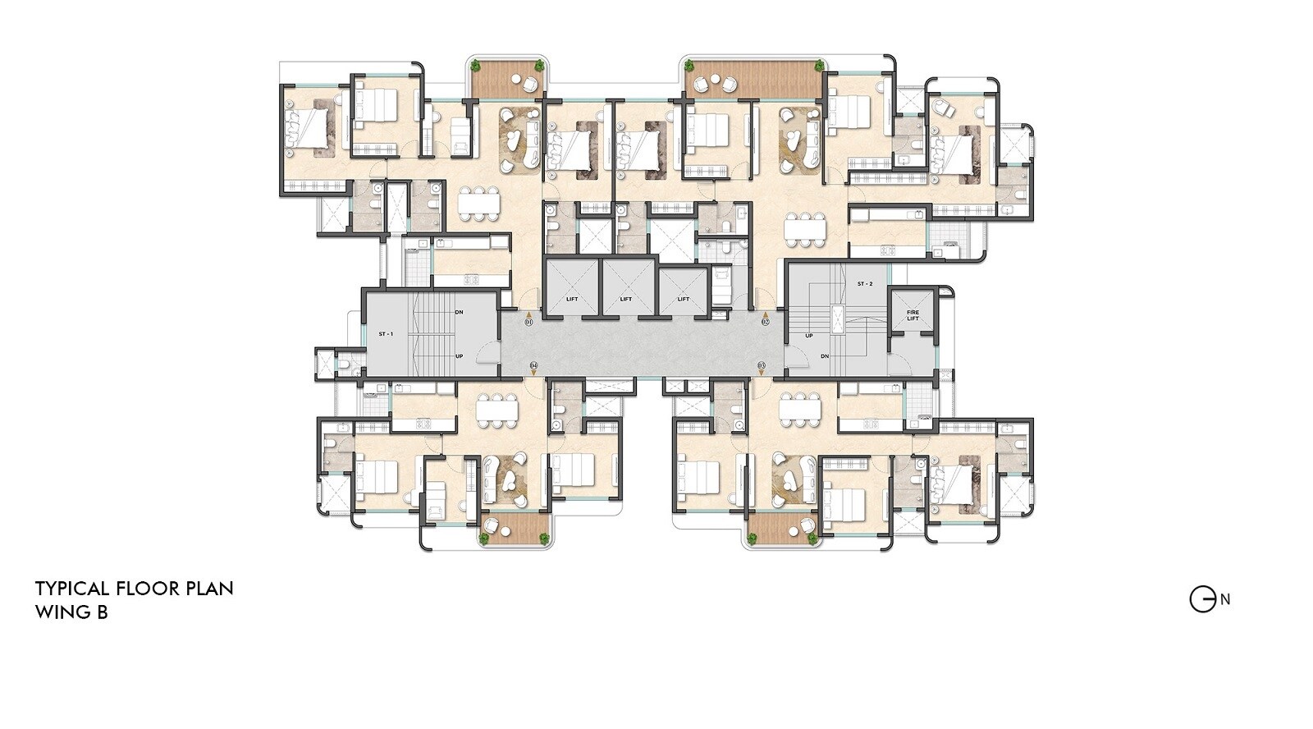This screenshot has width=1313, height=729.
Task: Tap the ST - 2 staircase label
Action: tap(864, 284)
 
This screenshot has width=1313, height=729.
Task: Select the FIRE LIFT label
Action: tap(913, 315)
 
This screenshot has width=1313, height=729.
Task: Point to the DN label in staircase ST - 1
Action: tap(459, 312)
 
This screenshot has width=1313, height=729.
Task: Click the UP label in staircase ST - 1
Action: tap(459, 356)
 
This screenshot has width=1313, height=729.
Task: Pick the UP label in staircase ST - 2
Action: tap(809, 336)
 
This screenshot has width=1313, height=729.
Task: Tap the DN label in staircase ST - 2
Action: tap(825, 356)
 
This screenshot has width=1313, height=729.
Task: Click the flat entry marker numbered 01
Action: tap(528, 322)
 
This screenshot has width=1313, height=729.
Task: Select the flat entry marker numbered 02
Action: tap(765, 322)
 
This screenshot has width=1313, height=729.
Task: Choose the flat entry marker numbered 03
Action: tap(761, 364)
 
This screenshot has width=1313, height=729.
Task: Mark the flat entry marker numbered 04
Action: tap(533, 364)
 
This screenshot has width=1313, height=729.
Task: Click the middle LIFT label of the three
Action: tap(626, 299)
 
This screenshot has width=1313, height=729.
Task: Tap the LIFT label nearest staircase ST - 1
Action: tap(572, 299)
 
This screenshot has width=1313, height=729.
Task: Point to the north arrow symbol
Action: tap(1202, 600)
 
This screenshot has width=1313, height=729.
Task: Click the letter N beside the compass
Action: tap(1225, 599)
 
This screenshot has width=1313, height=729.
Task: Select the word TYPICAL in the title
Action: tap(72, 589)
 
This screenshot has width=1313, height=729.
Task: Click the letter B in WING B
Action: tap(102, 612)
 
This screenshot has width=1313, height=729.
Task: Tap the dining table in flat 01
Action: tap(478, 204)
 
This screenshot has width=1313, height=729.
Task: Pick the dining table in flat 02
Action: tap(804, 229)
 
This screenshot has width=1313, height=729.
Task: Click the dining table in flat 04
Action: tap(497, 410)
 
